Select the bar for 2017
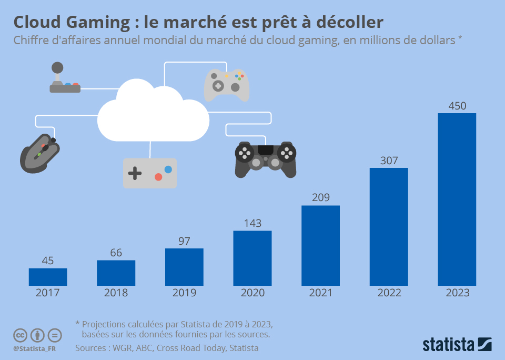click(48, 277)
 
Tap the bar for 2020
click(252, 258)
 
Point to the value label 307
click(389, 161)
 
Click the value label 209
click(320, 198)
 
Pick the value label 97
click(184, 241)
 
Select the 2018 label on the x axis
click(116, 293)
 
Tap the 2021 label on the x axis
click(320, 293)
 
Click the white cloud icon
click(153, 113)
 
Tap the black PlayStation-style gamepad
click(265, 158)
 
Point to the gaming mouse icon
click(40, 153)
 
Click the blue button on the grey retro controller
click(168, 169)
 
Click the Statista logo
click(457, 345)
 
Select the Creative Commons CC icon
click(20, 335)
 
